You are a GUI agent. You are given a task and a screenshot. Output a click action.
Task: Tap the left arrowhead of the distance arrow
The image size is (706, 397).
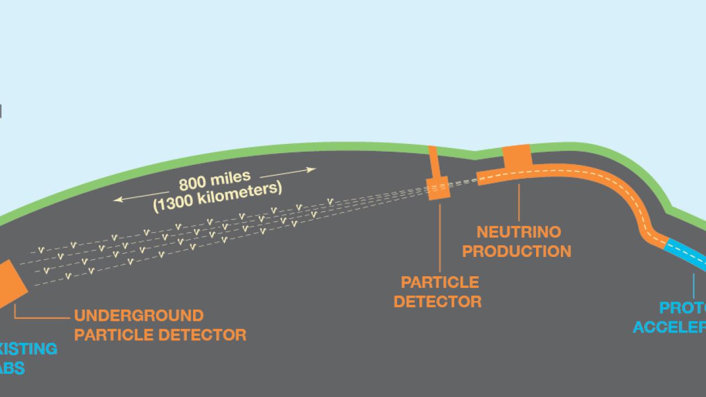click(116, 199)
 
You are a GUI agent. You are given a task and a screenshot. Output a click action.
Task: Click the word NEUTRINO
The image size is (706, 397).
click(518, 232)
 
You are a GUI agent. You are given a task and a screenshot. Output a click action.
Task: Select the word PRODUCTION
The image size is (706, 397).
click(517, 251)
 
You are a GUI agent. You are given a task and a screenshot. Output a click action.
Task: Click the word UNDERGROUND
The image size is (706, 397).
click(139, 316)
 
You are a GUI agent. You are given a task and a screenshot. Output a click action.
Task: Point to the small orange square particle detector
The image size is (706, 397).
click(439, 189)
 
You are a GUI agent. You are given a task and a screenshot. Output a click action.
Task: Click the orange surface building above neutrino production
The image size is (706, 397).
click(517, 155)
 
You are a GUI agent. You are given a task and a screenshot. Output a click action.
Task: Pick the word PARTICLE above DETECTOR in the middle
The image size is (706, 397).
click(440, 283)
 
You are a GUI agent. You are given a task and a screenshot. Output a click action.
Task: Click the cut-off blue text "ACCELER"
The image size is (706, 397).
click(669, 327)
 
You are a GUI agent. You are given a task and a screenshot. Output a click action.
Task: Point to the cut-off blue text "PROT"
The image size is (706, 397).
click(683, 308)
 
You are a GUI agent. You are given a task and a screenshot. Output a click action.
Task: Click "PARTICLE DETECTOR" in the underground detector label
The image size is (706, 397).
click(160, 335)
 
